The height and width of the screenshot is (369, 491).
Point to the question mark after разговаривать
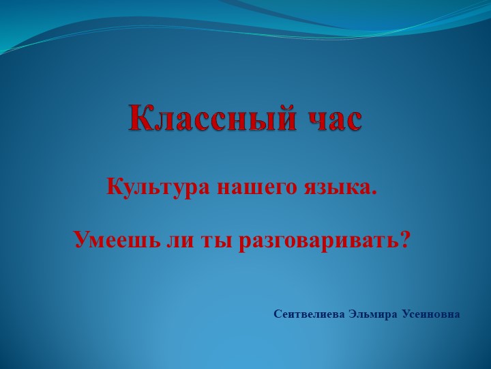404,239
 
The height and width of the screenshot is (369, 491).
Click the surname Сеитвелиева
310,314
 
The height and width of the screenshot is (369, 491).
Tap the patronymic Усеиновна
430,314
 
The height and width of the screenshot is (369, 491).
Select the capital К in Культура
115,186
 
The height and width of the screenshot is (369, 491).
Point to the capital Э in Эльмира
353,314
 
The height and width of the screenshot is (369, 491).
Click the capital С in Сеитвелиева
278,314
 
